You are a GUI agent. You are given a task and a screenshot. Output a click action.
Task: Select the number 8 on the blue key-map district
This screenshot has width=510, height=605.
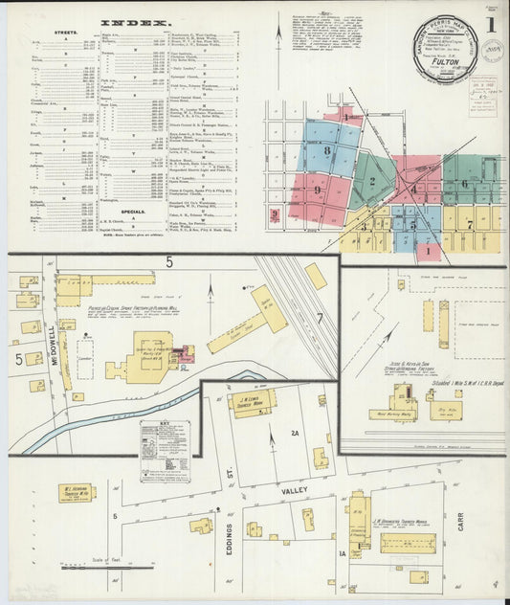coord(327,150)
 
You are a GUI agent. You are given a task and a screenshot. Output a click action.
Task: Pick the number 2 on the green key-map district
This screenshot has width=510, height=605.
coord(371,181)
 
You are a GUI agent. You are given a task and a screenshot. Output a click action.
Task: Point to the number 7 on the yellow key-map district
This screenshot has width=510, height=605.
coord(470,224)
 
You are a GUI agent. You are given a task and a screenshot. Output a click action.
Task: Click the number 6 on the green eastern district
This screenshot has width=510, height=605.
coord(464,184)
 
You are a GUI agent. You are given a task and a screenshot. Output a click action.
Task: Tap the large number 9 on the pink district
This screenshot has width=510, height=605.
coord(317,190)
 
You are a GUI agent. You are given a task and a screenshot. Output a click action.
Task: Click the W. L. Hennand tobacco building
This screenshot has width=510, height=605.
coord(76,493)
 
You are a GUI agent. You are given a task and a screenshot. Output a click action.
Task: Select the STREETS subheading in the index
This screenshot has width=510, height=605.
coord(66,32)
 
